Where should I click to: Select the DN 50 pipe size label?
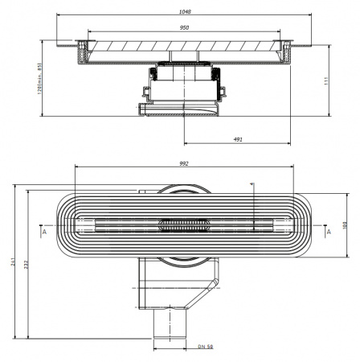click(x=205, y=346)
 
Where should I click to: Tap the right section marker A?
click(x=328, y=232)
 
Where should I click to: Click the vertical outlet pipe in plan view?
click(x=170, y=325)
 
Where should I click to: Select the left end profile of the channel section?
click(x=82, y=52)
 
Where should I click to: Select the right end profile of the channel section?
click(x=287, y=52)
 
